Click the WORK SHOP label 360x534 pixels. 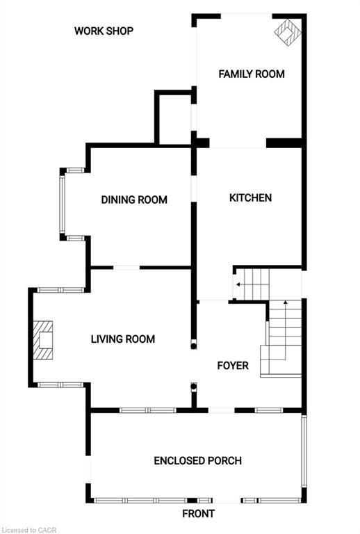pyautogui.click(x=104, y=31)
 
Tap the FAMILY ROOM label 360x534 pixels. pyautogui.click(x=252, y=74)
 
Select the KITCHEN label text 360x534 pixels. pyautogui.click(x=250, y=198)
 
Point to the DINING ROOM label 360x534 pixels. pyautogui.click(x=134, y=200)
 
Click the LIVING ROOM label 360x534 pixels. pyautogui.click(x=123, y=339)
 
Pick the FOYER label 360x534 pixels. pyautogui.click(x=232, y=366)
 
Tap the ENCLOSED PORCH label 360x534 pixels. pyautogui.click(x=197, y=461)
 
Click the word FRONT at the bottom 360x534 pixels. pyautogui.click(x=198, y=514)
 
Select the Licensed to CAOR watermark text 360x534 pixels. pyautogui.click(x=28, y=530)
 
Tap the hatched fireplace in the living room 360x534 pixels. pyautogui.click(x=45, y=339)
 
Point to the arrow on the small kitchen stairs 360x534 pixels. pyautogui.click(x=239, y=284)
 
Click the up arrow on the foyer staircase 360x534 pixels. pyautogui.click(x=285, y=304)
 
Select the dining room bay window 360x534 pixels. pyautogui.click(x=62, y=204)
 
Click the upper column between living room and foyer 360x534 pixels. pyautogui.click(x=194, y=343)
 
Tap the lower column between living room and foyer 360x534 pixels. pyautogui.click(x=194, y=387)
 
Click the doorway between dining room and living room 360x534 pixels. pyautogui.click(x=126, y=268)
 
